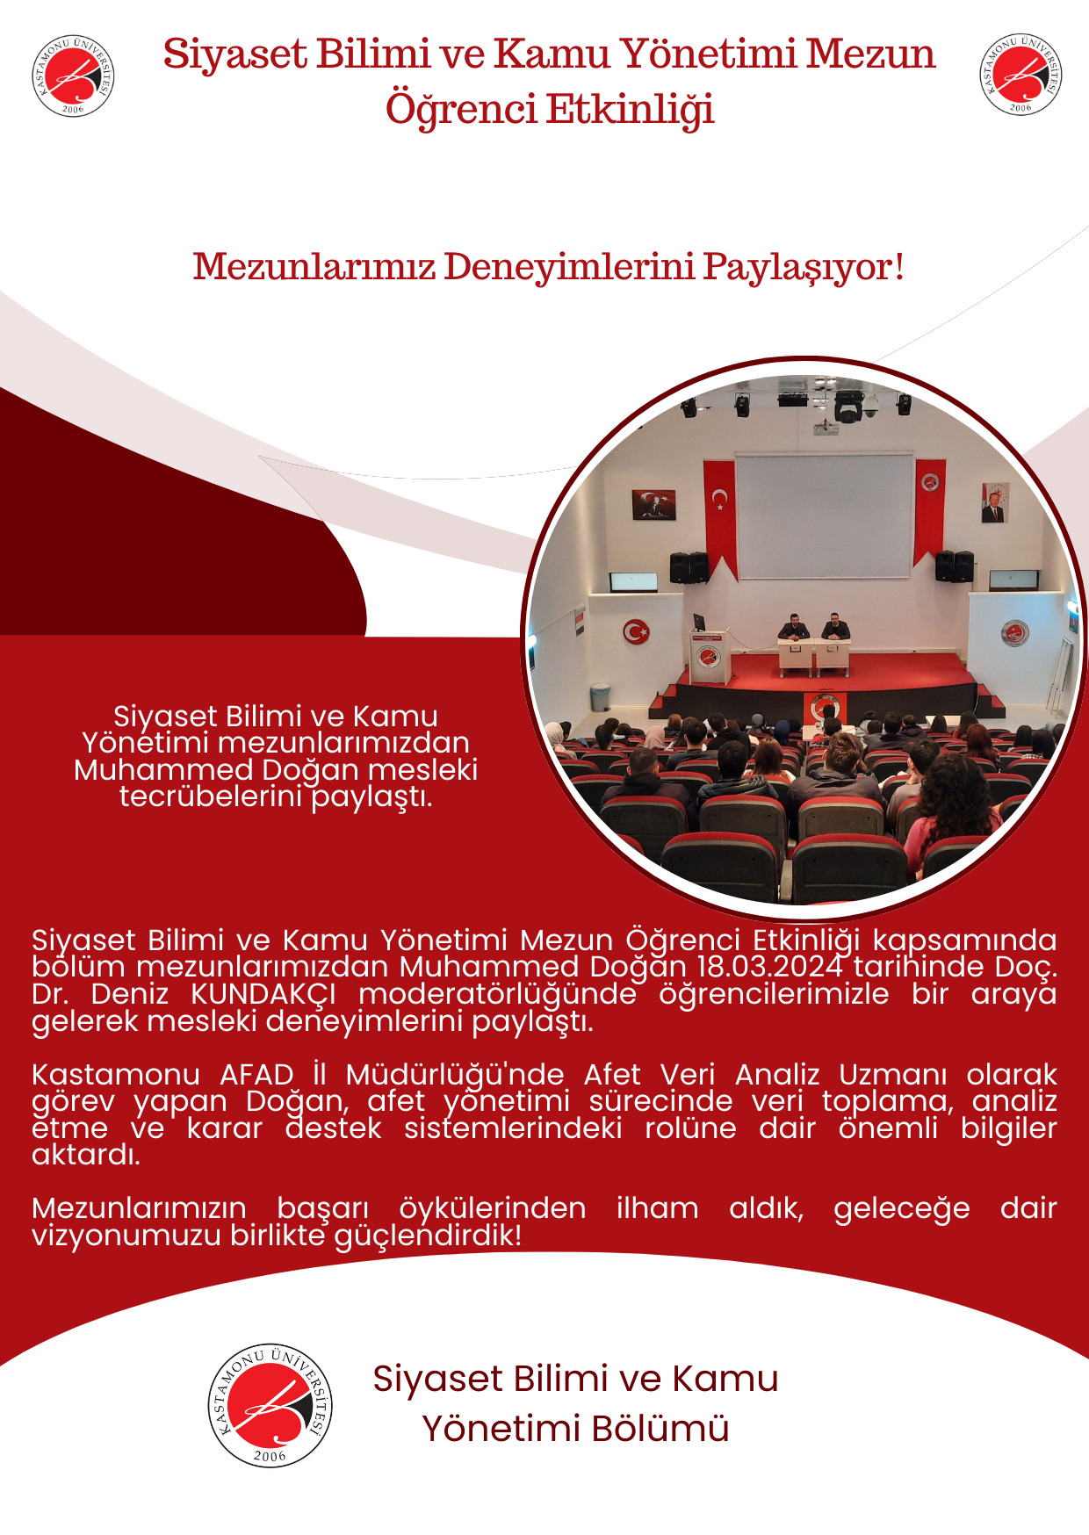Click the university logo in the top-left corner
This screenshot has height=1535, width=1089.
click(x=73, y=76)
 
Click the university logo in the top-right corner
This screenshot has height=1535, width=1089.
click(x=1020, y=75)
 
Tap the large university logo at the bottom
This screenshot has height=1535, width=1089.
click(x=270, y=1405)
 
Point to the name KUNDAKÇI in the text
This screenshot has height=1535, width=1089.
click(x=263, y=994)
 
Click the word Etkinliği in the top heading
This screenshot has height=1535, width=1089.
click(x=631, y=111)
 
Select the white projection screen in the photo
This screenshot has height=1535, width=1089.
click(x=824, y=516)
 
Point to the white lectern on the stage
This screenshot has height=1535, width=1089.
click(x=710, y=654)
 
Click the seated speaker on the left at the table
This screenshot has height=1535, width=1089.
click(x=793, y=628)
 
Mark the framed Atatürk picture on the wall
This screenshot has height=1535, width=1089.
click(x=654, y=504)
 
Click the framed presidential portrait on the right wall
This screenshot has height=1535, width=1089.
click(x=994, y=503)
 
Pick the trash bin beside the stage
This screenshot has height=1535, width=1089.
click(x=601, y=697)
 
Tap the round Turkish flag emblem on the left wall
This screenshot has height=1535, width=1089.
click(x=636, y=631)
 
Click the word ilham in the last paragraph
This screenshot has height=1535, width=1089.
click(x=657, y=1208)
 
